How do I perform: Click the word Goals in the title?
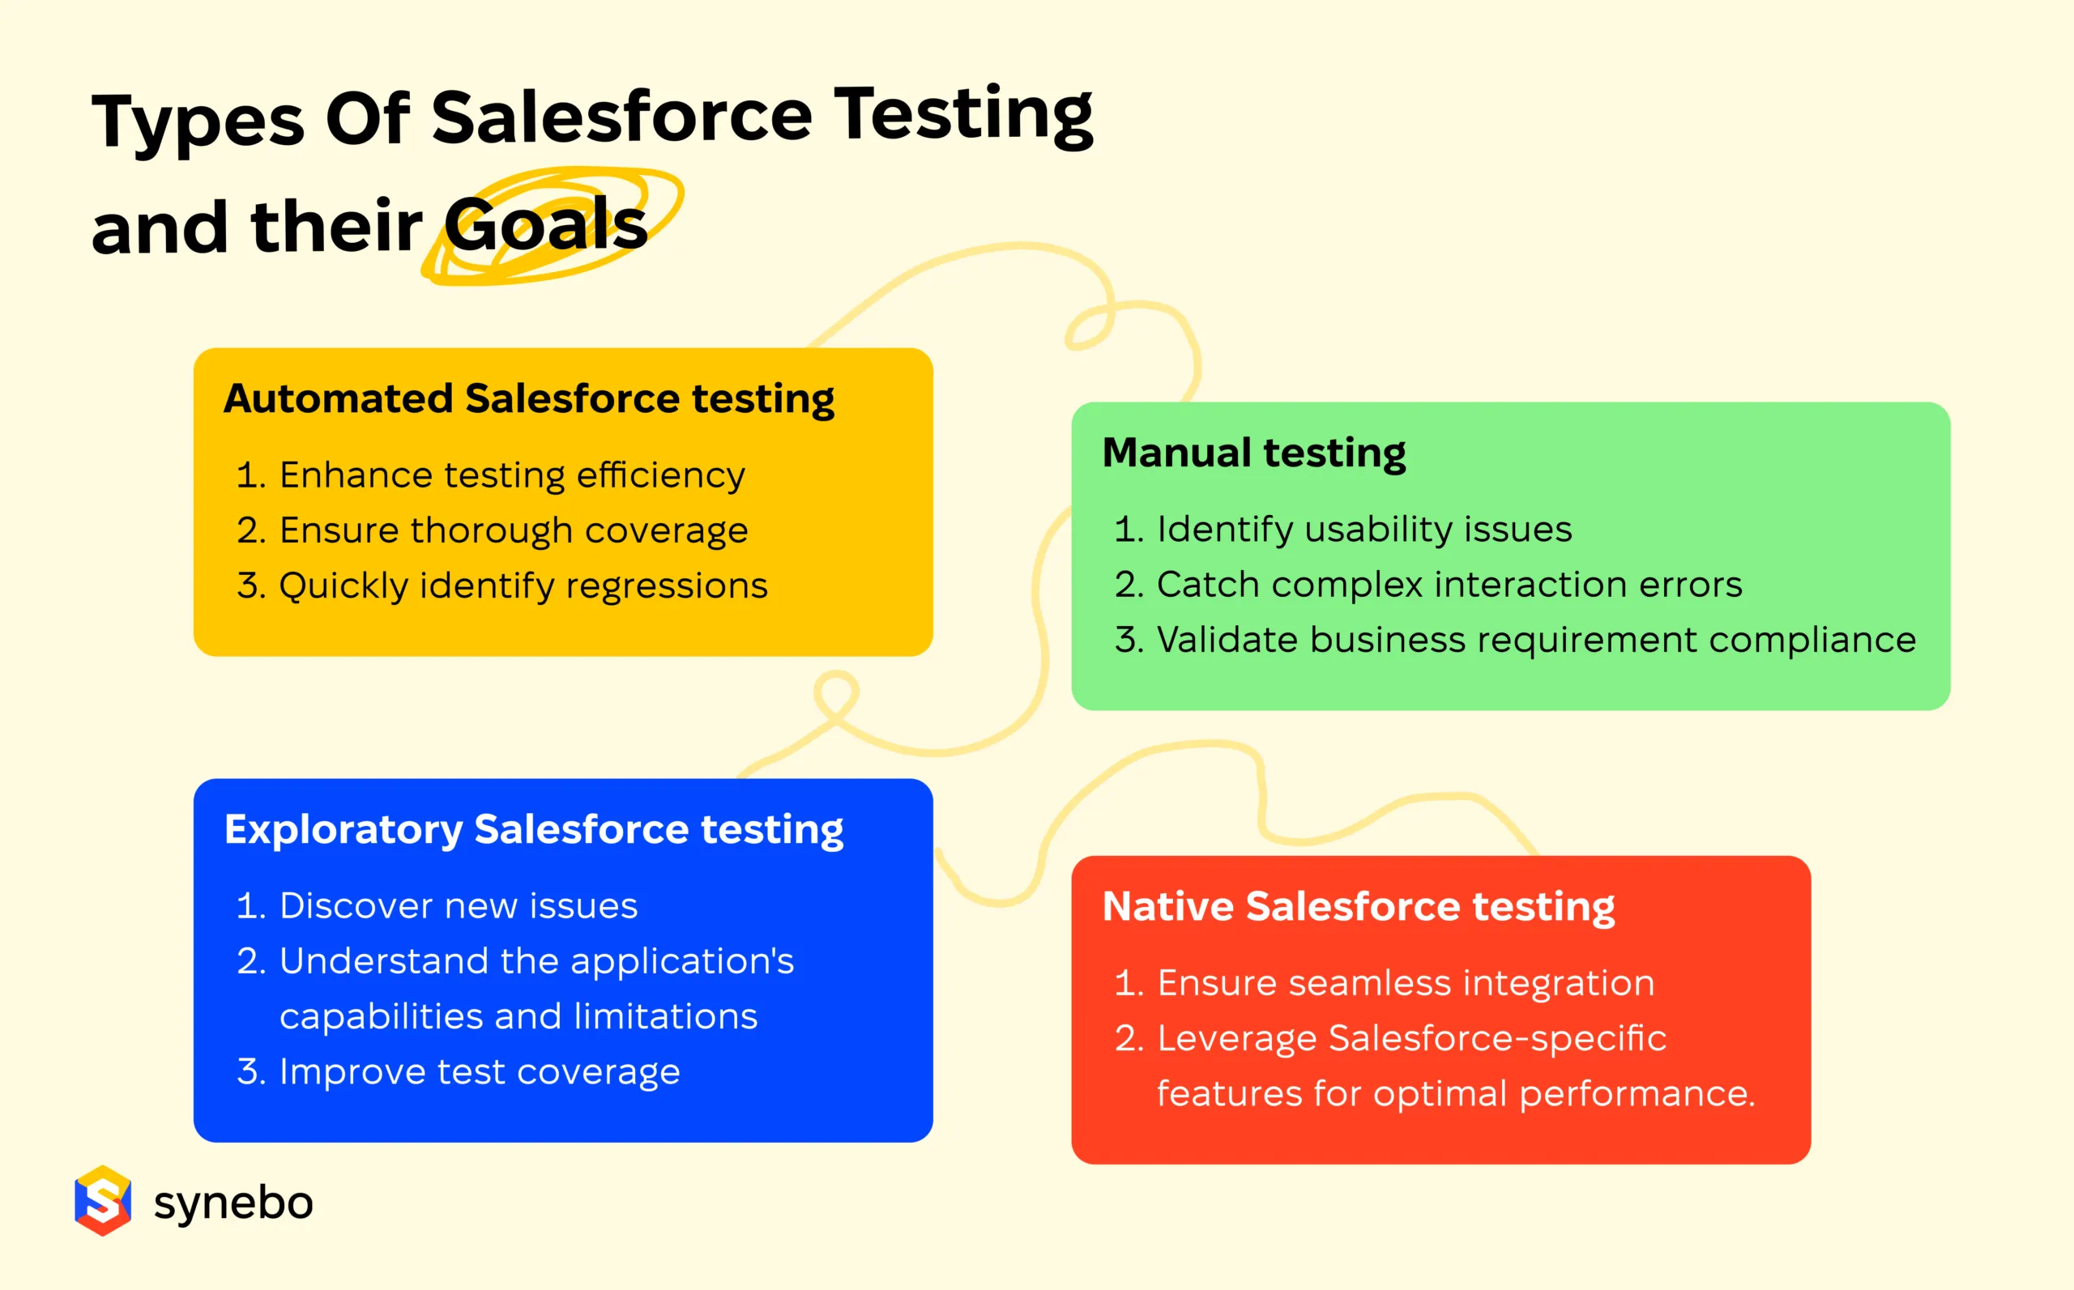pyautogui.click(x=545, y=224)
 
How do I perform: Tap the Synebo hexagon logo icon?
pyautogui.click(x=103, y=1200)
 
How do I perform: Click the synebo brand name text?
pyautogui.click(x=233, y=1204)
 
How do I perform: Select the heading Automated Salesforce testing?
pyautogui.click(x=529, y=399)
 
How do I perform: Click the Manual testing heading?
pyautogui.click(x=1254, y=453)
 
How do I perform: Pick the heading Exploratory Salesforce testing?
pyautogui.click(x=533, y=830)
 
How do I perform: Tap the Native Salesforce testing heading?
pyautogui.click(x=1359, y=907)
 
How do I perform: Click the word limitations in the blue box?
pyautogui.click(x=666, y=1017)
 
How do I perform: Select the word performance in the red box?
pyautogui.click(x=1637, y=1095)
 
